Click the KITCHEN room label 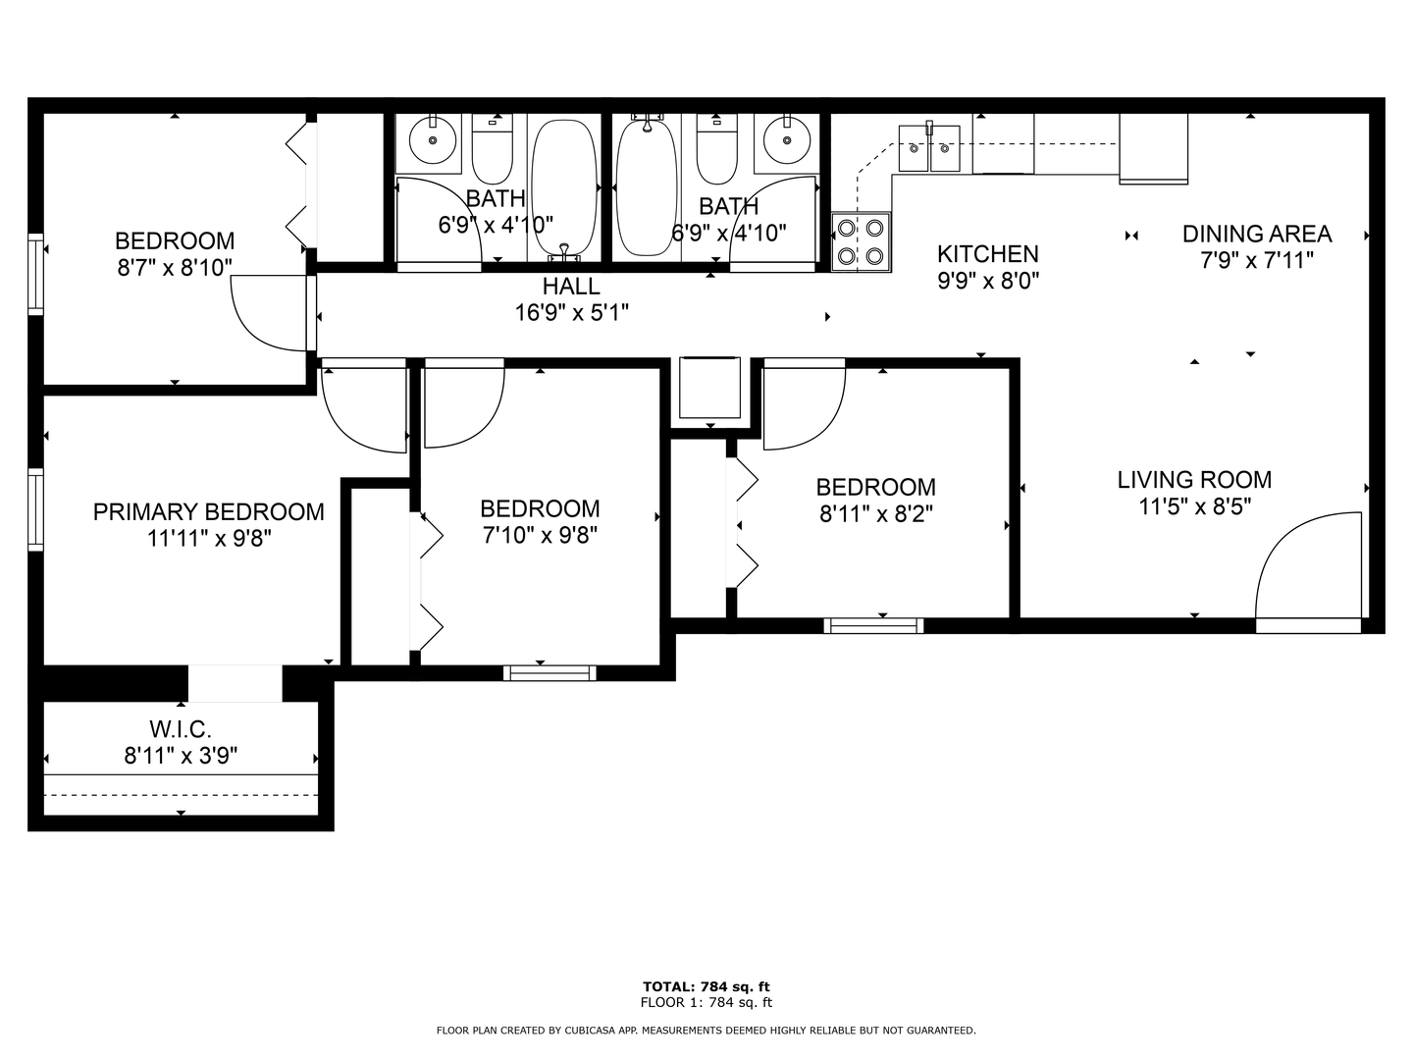987,254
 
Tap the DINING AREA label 1257,234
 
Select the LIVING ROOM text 1194,480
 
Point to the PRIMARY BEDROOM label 209,511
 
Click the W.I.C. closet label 181,729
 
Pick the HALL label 571,286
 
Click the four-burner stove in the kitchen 861,242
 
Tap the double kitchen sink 929,148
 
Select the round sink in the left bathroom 433,140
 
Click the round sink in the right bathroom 787,140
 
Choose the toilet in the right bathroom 716,149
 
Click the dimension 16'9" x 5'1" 571,313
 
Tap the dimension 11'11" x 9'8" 209,538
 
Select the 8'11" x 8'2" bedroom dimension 875,513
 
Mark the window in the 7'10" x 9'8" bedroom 549,673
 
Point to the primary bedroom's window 36,509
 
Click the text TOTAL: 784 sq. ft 706,986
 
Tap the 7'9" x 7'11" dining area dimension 1257,261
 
